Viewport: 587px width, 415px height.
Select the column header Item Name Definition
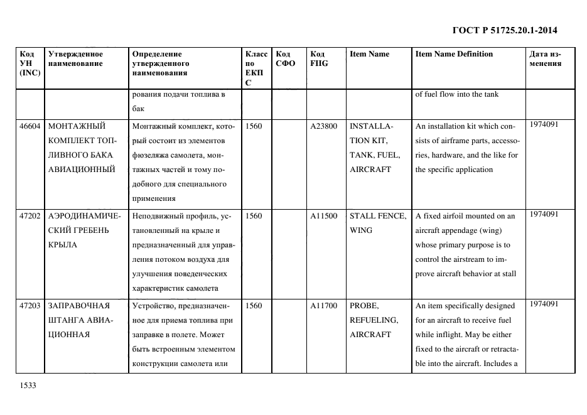click(454, 54)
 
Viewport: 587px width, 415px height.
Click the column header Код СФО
click(286, 58)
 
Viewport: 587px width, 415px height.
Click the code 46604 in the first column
click(30, 126)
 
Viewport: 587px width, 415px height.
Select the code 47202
click(30, 216)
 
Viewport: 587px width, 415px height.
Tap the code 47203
click(30, 306)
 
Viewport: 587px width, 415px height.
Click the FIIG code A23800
click(323, 126)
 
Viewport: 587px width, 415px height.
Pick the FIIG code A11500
click(323, 216)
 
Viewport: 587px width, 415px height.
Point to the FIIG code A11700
click(323, 306)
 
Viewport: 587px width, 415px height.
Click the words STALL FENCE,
click(377, 216)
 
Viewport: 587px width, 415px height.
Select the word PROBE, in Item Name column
click(364, 306)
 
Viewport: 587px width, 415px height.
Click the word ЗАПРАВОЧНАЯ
click(78, 306)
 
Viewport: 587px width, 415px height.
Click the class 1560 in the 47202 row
click(254, 216)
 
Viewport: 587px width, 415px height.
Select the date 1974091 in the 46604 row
click(544, 124)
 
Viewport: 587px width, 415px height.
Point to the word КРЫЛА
click(63, 245)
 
